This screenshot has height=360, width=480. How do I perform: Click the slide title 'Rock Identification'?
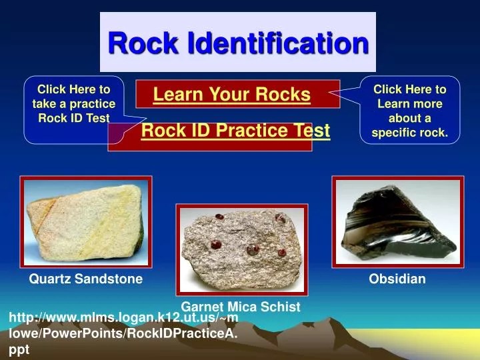(x=238, y=43)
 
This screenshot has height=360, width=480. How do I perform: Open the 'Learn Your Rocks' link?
(x=231, y=95)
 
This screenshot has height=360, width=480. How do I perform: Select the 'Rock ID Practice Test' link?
(x=235, y=131)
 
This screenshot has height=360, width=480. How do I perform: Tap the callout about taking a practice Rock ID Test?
(x=73, y=103)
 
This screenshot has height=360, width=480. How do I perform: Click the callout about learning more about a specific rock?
(x=409, y=111)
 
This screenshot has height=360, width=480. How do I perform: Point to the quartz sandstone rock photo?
(x=86, y=222)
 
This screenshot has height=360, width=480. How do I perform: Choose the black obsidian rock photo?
(x=397, y=221)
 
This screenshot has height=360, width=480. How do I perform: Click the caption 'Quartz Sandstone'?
(x=85, y=279)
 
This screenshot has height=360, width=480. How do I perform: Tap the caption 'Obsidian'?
(x=397, y=279)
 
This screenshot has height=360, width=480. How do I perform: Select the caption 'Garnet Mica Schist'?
(x=241, y=307)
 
